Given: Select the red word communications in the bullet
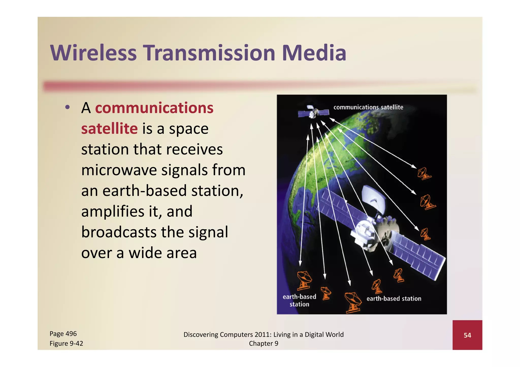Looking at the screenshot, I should pyautogui.click(x=154, y=108).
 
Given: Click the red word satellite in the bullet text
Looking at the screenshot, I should pyautogui.click(x=109, y=129).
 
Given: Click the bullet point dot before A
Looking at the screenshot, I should pyautogui.click(x=67, y=107).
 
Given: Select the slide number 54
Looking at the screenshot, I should pyautogui.click(x=467, y=335).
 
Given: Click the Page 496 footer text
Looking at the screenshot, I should pyautogui.click(x=63, y=334).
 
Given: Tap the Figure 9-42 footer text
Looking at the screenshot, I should pyautogui.click(x=66, y=343).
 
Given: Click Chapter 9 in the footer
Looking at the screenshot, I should pyautogui.click(x=264, y=343).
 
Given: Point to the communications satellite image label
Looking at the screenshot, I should pyautogui.click(x=368, y=107).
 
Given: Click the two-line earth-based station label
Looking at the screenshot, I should pyautogui.click(x=299, y=300).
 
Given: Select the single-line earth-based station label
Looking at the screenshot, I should pyautogui.click(x=394, y=299).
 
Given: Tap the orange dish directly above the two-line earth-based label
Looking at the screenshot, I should pyautogui.click(x=304, y=280).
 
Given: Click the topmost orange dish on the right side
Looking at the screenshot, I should pyautogui.click(x=423, y=174).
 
